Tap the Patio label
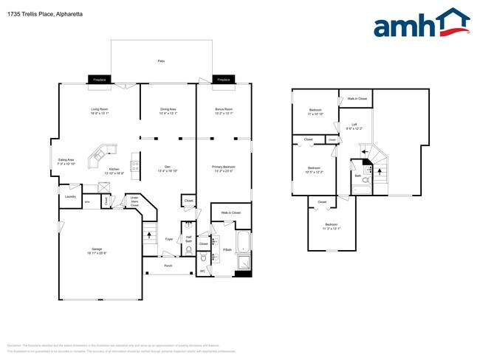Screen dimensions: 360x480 point(161,60)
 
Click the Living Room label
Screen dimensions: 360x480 point(100,111)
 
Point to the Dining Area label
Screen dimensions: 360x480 point(168,111)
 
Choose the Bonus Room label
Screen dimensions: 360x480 point(223,111)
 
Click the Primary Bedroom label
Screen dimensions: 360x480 point(223,168)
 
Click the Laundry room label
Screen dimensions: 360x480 point(71,196)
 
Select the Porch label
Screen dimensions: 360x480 point(168,266)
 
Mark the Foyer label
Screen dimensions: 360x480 point(169,239)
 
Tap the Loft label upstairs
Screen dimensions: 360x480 point(354,126)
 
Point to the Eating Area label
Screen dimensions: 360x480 point(66,162)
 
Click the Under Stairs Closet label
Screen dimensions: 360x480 point(134,200)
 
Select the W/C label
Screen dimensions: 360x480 point(202,271)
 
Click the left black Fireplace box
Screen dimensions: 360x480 point(100,80)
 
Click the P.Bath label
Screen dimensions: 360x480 point(227,250)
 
